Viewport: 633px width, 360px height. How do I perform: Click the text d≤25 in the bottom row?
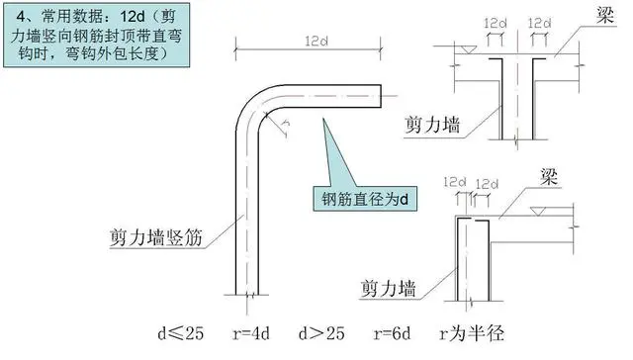[181, 333]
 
